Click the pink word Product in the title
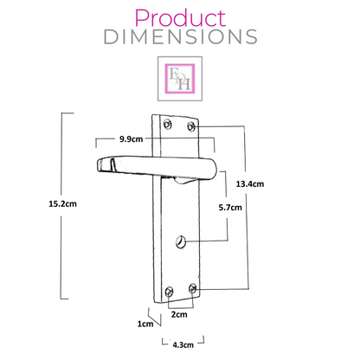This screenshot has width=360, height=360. click(180, 18)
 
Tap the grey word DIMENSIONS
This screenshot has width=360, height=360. click(181, 37)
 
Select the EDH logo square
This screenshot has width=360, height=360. click(180, 79)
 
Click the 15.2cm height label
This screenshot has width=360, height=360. click(62, 204)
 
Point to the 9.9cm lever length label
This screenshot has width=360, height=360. click(132, 139)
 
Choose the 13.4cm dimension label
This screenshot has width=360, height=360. click(250, 183)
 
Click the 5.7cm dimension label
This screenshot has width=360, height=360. click(230, 208)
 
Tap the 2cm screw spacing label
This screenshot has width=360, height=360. click(179, 314)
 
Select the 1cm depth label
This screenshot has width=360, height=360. click(145, 324)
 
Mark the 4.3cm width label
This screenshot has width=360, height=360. click(183, 344)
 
